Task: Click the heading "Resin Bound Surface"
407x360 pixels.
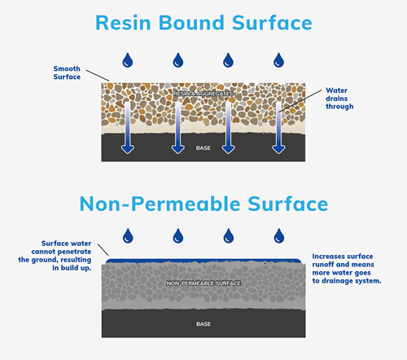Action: tap(203, 23)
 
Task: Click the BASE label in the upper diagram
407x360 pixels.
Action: tap(203, 148)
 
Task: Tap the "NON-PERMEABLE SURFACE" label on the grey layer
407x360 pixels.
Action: tap(203, 283)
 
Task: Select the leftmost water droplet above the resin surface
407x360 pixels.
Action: tap(127, 59)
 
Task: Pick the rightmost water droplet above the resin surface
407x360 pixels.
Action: tap(279, 59)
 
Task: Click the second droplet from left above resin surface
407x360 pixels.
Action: tap(177, 59)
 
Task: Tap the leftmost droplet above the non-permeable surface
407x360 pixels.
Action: tap(127, 237)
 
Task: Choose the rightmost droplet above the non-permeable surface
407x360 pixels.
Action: tap(279, 237)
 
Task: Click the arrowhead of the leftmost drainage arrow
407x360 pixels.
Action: tap(127, 147)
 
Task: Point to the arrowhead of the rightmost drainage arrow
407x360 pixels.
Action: tap(279, 147)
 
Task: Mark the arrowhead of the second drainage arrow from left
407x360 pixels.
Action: tap(177, 147)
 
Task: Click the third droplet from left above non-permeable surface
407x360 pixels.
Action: tap(229, 237)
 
